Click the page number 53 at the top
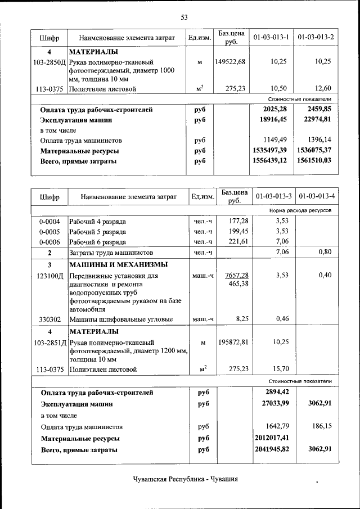tap(183, 17)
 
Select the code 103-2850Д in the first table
tap(49, 62)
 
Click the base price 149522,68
tap(230, 62)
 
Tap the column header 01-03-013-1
tap(271, 38)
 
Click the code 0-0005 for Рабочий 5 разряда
tap(49, 231)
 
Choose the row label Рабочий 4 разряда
tap(97, 221)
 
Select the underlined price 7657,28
tap(237, 276)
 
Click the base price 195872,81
tap(230, 342)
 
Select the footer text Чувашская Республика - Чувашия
tap(185, 479)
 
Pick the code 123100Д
tap(49, 276)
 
